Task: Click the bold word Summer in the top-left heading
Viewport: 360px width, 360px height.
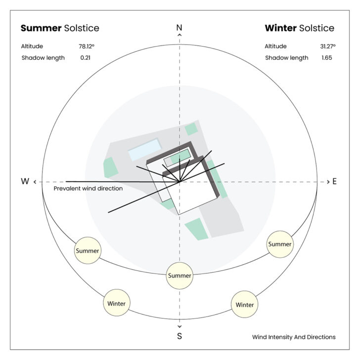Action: point(41,28)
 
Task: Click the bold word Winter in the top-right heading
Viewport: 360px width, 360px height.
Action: point(280,28)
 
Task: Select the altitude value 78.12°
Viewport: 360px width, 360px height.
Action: point(86,46)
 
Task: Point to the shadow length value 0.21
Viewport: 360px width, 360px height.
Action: point(85,58)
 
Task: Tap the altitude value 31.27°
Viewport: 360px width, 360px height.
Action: point(327,46)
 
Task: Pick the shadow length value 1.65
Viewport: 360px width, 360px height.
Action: point(326,58)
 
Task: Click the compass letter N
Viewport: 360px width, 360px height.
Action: point(180,28)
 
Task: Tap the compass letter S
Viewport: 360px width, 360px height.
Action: point(180,336)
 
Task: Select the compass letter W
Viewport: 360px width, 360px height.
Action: point(25,182)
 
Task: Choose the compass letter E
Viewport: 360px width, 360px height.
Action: point(335,182)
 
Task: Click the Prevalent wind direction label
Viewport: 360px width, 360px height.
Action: point(88,189)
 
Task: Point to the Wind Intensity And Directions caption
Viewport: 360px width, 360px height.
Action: point(294,337)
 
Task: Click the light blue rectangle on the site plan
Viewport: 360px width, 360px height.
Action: point(144,149)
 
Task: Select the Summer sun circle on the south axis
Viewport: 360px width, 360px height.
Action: point(180,275)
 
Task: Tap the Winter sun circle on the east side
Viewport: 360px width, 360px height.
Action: point(245,304)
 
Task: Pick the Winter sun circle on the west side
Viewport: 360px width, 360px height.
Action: point(116,303)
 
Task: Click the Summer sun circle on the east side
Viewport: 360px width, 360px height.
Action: point(280,244)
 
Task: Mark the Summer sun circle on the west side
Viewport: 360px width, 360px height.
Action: point(88,251)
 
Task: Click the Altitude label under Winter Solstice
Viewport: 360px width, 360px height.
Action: point(275,46)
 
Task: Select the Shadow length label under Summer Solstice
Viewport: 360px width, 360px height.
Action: point(43,58)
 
